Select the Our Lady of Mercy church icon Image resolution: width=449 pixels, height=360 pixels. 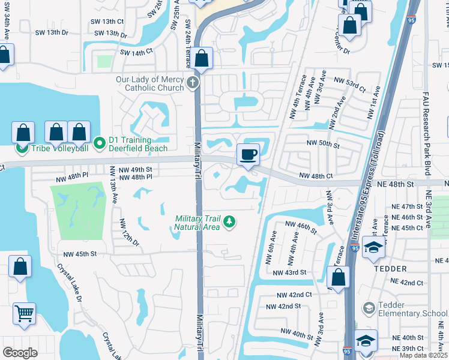pyautogui.click(x=193, y=83)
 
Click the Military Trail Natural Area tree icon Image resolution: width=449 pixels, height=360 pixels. pyautogui.click(x=228, y=223)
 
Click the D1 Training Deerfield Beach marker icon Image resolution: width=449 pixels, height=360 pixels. pyautogui.click(x=100, y=143)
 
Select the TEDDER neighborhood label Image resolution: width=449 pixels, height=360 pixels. pyautogui.click(x=390, y=269)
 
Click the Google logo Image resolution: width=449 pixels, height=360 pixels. pyautogui.click(x=20, y=353)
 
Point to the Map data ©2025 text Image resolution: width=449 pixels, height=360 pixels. pyautogui.click(x=423, y=355)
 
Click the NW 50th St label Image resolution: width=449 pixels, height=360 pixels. pyautogui.click(x=323, y=145)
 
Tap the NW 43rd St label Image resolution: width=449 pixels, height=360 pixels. pyautogui.click(x=289, y=272)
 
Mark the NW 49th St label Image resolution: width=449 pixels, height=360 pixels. pyautogui.click(x=135, y=169)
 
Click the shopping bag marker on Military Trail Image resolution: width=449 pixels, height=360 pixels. pyautogui.click(x=202, y=59)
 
